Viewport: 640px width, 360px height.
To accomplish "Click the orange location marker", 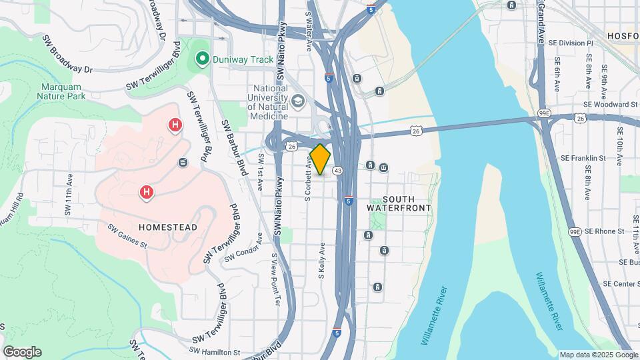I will click(321, 159).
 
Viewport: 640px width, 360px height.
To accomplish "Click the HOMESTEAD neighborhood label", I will click(168, 227).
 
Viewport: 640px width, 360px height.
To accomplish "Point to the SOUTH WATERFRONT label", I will click(399, 203).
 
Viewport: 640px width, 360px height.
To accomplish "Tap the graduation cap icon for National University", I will click(298, 101).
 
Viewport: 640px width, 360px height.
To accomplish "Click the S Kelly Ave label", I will click(321, 260).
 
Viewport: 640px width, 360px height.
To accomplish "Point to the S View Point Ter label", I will click(273, 277).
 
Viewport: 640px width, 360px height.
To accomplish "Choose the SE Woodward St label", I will click(610, 105).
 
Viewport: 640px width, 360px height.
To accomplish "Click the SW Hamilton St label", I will click(215, 351).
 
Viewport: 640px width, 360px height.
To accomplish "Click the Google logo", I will click(22, 351).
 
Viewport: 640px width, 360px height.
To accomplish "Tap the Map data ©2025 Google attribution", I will click(597, 355).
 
